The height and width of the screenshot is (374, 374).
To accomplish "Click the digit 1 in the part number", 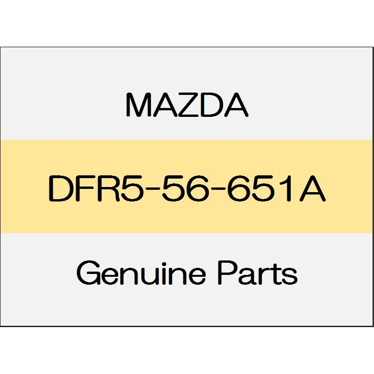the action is tap(287, 189).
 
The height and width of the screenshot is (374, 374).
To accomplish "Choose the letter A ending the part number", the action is tap(312, 189).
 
